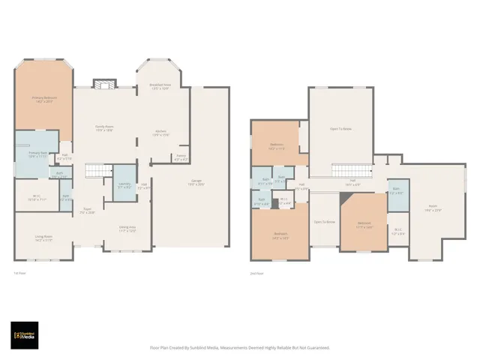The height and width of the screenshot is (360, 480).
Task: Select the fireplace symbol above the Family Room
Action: point(102,83)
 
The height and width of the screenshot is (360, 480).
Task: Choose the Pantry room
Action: point(180,158)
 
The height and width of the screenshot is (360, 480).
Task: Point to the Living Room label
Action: point(43,238)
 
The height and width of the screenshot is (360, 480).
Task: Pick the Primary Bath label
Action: point(28,154)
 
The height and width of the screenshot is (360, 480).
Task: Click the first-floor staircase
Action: point(96,172)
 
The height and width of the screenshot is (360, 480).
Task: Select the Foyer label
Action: point(88,211)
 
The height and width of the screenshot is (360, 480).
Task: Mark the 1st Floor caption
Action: point(20,272)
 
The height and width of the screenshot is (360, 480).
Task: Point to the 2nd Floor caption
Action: point(256,273)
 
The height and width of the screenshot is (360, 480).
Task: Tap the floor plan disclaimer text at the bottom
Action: point(240,347)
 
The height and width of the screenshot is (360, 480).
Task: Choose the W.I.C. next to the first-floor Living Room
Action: point(37,199)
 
